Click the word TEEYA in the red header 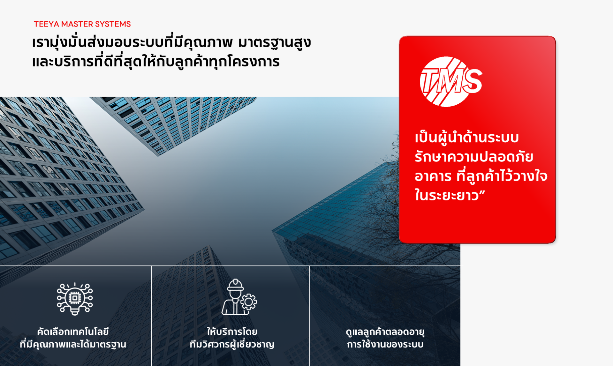[x=47, y=24]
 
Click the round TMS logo [x=450, y=82]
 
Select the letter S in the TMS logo [x=472, y=82]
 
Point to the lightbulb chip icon [x=75, y=299]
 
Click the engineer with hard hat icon [x=239, y=297]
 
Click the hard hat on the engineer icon [x=235, y=285]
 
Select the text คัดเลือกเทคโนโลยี [x=73, y=332]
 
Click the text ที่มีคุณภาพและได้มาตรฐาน [x=73, y=344]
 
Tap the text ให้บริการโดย [x=232, y=332]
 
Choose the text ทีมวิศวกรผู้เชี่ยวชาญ [x=232, y=344]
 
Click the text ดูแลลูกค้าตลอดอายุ [x=385, y=332]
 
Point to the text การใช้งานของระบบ [x=385, y=344]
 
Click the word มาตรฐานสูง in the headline [x=275, y=43]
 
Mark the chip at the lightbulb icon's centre [x=75, y=298]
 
